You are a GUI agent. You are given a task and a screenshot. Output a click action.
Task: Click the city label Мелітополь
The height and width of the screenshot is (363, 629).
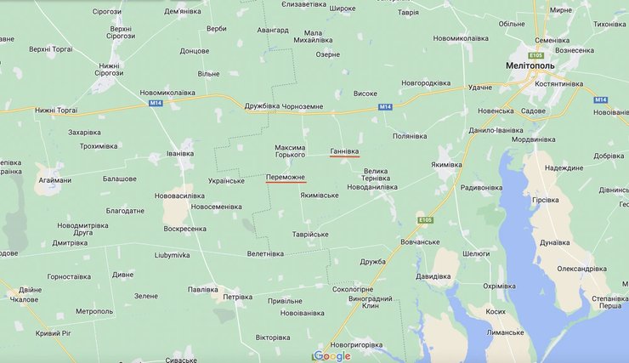(553, 65)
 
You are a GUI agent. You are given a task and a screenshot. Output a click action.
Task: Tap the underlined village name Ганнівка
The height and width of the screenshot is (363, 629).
(344, 150)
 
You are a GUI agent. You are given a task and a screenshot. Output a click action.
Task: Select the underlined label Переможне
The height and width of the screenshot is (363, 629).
(286, 178)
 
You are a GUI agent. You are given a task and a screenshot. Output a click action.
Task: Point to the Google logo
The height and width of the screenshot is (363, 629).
(331, 355)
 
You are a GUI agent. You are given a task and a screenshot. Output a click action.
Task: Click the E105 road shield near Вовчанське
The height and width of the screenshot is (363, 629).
(426, 220)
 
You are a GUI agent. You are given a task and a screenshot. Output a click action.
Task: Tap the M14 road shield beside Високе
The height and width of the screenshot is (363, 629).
(386, 106)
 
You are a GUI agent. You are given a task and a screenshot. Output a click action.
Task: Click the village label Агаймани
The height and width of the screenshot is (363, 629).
(54, 180)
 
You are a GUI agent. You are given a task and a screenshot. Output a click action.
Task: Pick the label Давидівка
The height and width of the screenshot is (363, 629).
(433, 276)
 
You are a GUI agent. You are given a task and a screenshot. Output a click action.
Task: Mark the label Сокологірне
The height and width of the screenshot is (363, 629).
(353, 289)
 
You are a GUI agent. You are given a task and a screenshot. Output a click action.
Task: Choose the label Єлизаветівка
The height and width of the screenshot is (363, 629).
(303, 4)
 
